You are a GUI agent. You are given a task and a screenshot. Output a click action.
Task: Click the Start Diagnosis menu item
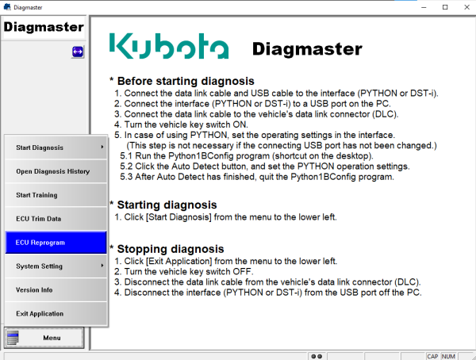pyautogui.click(x=56, y=147)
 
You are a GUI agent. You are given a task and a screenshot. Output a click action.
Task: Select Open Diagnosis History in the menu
pyautogui.click(x=56, y=171)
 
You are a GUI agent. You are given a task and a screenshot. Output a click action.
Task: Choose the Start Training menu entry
pyautogui.click(x=56, y=195)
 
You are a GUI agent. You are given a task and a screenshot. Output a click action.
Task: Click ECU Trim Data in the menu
pyautogui.click(x=56, y=219)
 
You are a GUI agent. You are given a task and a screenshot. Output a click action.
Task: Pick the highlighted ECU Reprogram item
pyautogui.click(x=56, y=242)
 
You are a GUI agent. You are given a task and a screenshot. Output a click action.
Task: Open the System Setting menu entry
pyautogui.click(x=56, y=266)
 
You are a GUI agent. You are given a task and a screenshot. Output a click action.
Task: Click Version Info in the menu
pyautogui.click(x=56, y=290)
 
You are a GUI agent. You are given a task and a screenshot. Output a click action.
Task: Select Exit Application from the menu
pyautogui.click(x=56, y=313)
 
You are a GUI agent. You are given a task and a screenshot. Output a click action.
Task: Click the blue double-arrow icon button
pyautogui.click(x=78, y=52)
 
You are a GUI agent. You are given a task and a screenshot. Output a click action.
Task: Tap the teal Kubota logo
pyautogui.click(x=169, y=46)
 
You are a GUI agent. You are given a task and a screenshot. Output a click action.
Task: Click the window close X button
pyautogui.click(x=467, y=7)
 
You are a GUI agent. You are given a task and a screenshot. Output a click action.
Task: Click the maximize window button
pyautogui.click(x=445, y=7)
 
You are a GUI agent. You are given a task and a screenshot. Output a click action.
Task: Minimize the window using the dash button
pyautogui.click(x=424, y=8)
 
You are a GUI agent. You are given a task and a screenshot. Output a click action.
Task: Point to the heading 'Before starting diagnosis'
pyautogui.click(x=186, y=81)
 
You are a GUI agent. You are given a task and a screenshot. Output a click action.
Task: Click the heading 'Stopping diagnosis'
pyautogui.click(x=171, y=249)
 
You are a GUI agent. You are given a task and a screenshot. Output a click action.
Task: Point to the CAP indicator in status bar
pyautogui.click(x=432, y=356)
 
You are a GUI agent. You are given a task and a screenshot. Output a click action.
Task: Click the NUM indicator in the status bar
pyautogui.click(x=448, y=356)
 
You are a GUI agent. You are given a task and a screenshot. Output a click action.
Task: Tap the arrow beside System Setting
pyautogui.click(x=102, y=266)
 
